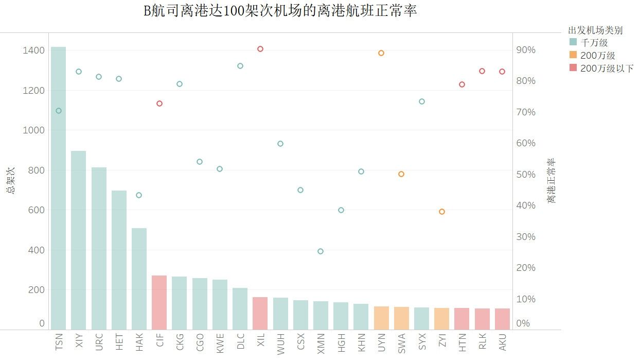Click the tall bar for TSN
click(x=58, y=188)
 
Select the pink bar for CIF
click(x=159, y=302)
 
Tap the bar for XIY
click(x=78, y=240)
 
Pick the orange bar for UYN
click(x=381, y=318)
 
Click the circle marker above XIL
click(x=260, y=49)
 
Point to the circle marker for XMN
click(x=321, y=251)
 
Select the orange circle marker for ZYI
click(x=441, y=212)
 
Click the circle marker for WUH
click(x=280, y=144)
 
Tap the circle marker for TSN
click(x=58, y=111)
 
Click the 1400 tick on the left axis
click(x=33, y=50)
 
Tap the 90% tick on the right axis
click(x=526, y=50)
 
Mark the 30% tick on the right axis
click(x=526, y=237)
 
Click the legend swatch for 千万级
click(x=573, y=42)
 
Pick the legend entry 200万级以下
click(x=607, y=68)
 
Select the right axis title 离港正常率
click(x=551, y=180)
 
